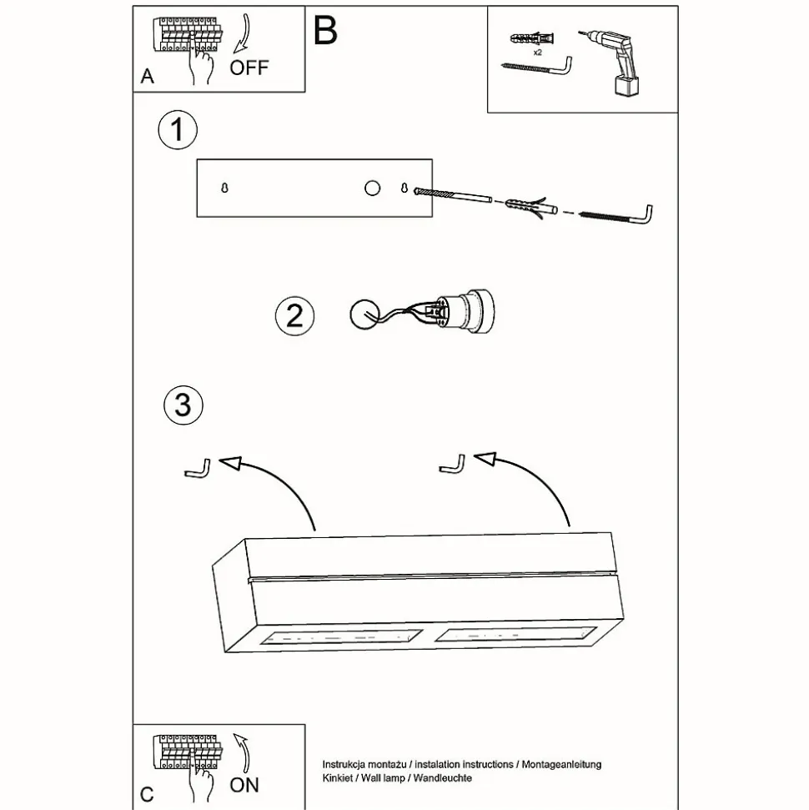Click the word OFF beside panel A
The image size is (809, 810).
[x=249, y=67]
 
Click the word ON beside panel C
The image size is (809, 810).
[x=244, y=784]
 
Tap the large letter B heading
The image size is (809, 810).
[x=325, y=31]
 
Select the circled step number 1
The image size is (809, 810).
[x=177, y=132]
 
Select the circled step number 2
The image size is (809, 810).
[x=294, y=316]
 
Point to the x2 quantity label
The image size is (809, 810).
[x=537, y=51]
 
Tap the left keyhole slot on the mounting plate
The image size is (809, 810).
[x=224, y=189]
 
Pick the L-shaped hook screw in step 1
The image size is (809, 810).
[x=617, y=215]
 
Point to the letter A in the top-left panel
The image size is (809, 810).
[x=148, y=77]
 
